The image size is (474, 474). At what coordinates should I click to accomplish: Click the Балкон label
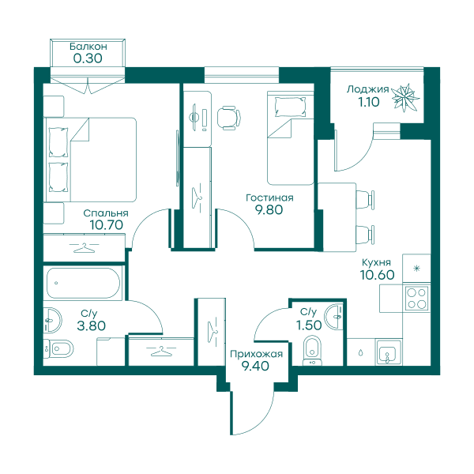[x=88, y=47]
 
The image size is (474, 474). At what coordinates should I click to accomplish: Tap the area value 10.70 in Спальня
[x=106, y=225]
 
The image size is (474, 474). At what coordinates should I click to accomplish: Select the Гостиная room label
[x=269, y=197]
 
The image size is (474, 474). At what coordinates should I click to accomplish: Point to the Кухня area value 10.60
[x=377, y=274]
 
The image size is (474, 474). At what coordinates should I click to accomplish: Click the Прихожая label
[x=256, y=354]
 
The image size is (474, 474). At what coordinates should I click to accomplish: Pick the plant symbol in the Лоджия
[x=405, y=97]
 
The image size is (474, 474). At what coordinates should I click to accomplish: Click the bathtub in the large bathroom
[x=83, y=283]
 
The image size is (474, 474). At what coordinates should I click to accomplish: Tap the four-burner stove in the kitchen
[x=417, y=298]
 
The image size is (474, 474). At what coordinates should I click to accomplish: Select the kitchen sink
[x=388, y=352]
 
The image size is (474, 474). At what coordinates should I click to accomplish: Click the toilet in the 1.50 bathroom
[x=313, y=351]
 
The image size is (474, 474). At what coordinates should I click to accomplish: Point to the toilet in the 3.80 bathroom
[x=58, y=348]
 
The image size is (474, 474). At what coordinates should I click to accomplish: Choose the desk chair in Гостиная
[x=229, y=118]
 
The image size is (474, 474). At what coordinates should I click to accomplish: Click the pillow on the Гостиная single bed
[x=290, y=106]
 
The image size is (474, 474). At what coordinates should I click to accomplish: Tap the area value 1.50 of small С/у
[x=309, y=325]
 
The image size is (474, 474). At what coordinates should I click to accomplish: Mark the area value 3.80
[x=91, y=325]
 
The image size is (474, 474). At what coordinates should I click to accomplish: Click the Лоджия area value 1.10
[x=368, y=102]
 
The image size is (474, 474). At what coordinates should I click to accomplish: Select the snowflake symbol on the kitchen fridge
[x=417, y=268]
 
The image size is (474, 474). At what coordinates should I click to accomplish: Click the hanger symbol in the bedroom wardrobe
[x=84, y=248]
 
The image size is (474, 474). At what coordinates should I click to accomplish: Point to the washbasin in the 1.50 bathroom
[x=333, y=317]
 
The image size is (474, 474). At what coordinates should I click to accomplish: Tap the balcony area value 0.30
[x=88, y=58]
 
